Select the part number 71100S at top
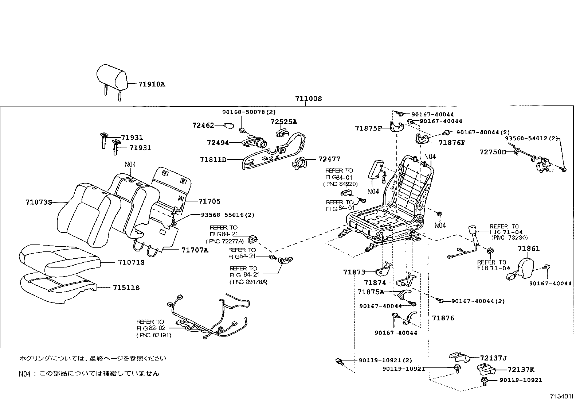click(x=308, y=99)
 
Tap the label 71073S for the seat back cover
click(x=39, y=202)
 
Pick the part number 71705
click(x=209, y=201)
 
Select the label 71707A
click(x=195, y=250)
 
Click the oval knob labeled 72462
click(x=228, y=126)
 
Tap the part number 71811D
click(x=213, y=159)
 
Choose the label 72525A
click(x=283, y=122)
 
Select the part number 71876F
click(x=452, y=143)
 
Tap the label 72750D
click(x=493, y=152)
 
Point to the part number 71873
click(x=354, y=272)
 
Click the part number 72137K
click(x=521, y=369)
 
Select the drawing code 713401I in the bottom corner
click(x=561, y=396)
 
